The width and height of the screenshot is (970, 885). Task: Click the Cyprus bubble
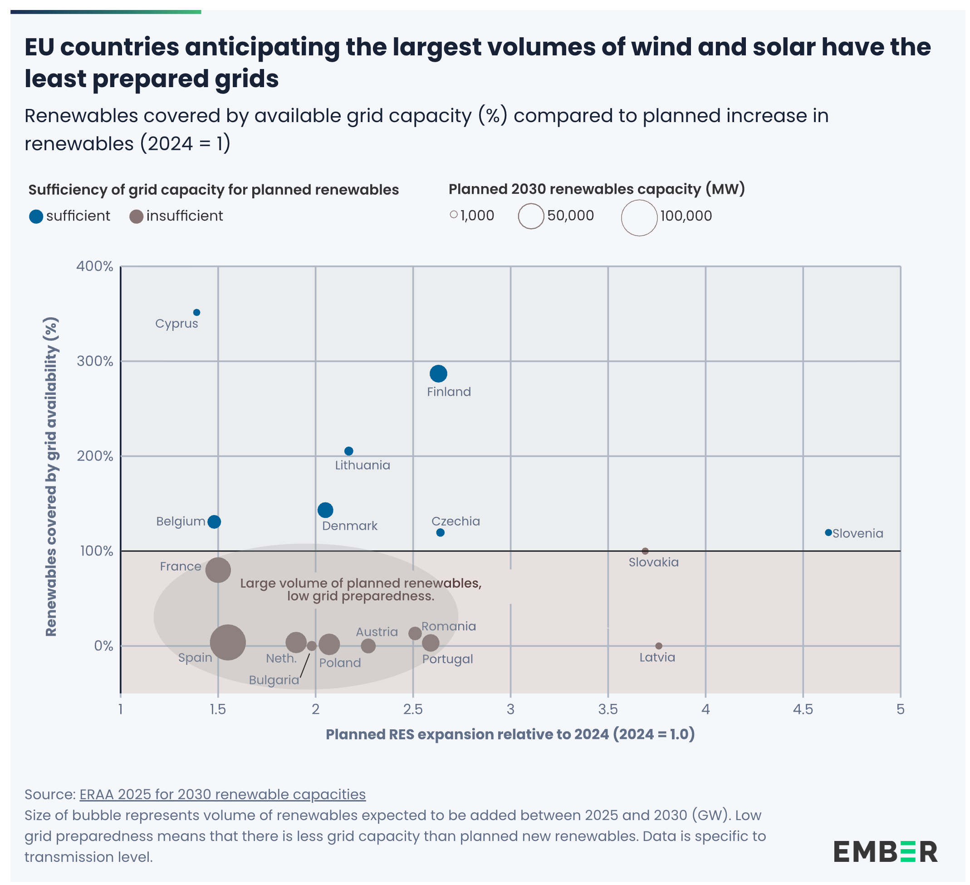[197, 313]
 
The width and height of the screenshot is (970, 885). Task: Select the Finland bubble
[438, 374]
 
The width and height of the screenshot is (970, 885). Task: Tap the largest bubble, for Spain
[228, 642]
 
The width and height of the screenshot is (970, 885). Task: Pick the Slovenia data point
[828, 533]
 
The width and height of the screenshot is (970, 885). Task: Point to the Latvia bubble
[659, 646]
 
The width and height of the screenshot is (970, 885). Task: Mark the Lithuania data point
[349, 451]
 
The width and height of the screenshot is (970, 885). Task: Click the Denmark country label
[350, 526]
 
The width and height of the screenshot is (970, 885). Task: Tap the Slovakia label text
[653, 562]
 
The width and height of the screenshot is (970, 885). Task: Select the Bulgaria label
[274, 680]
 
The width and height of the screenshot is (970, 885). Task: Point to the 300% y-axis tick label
[95, 361]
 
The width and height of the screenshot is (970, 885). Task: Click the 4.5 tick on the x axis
[803, 709]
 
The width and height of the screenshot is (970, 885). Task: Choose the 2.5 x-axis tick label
[413, 709]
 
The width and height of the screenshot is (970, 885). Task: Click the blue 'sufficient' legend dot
[36, 216]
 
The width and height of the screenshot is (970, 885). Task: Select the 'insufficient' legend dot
[137, 216]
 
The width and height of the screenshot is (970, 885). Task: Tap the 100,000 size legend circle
[639, 218]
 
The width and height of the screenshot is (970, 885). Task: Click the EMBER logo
[885, 852]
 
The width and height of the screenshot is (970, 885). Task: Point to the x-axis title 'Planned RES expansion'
[510, 734]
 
